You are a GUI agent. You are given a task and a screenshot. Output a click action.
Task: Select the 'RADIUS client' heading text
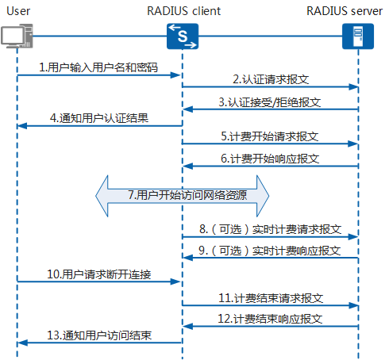tap(183, 10)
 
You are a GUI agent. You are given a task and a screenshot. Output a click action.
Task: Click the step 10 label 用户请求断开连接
tap(98, 274)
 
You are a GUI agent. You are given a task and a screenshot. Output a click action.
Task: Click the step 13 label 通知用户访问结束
tap(98, 335)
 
